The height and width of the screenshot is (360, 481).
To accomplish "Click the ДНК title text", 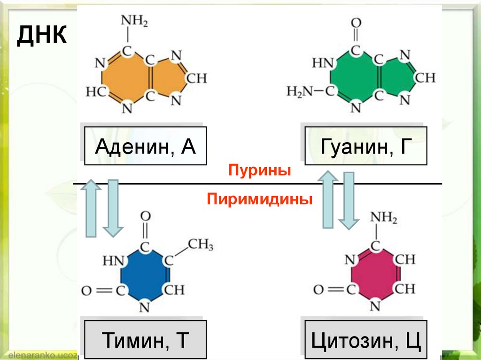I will [41, 36].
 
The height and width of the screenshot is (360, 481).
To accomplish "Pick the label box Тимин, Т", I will [145, 340].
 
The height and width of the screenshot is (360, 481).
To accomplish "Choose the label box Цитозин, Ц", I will [366, 340].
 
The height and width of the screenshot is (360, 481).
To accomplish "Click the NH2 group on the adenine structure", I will [134, 21].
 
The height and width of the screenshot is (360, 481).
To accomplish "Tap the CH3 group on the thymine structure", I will [201, 245].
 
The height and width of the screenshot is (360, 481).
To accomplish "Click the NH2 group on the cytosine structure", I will [384, 218].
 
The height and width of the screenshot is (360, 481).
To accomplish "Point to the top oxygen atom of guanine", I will [356, 23].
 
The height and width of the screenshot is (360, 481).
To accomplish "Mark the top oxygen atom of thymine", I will [145, 216].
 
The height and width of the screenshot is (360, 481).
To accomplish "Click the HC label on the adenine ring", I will [95, 92].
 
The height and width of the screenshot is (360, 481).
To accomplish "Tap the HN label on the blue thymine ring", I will [113, 260].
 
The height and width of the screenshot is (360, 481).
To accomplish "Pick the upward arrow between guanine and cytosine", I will [328, 199].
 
